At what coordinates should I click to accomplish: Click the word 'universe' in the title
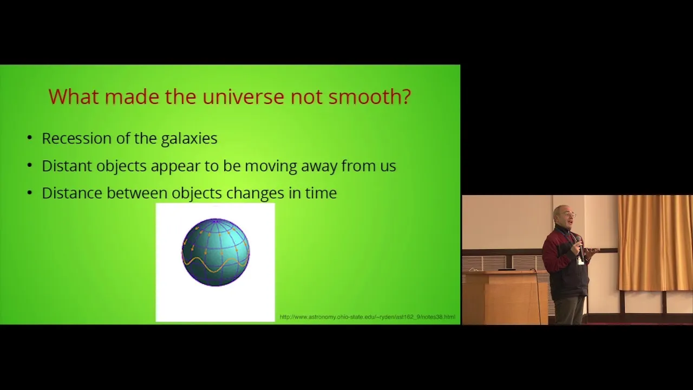[243, 96]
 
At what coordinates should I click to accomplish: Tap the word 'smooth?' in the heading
[369, 96]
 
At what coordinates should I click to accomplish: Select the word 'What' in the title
[74, 96]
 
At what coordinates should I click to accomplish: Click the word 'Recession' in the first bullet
[77, 138]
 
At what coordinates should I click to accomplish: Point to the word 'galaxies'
[189, 139]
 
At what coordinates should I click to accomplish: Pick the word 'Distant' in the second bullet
[67, 166]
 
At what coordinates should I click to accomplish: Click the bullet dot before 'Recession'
[30, 138]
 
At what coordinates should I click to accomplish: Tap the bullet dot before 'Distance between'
[30, 193]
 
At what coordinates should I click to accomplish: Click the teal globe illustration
[215, 252]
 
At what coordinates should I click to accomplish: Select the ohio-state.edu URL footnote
[367, 317]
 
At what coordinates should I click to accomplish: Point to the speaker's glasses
[570, 214]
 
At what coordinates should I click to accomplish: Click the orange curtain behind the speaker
[655, 243]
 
